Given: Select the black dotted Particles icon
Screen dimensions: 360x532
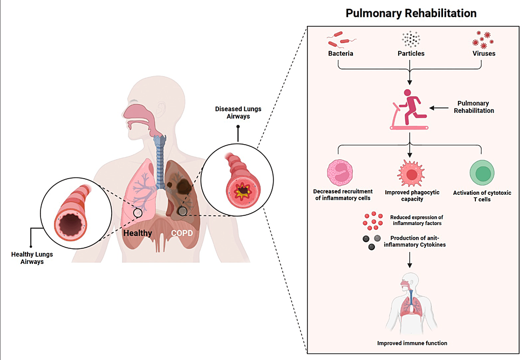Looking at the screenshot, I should pyautogui.click(x=411, y=39).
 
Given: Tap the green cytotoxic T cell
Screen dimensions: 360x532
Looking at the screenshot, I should pyautogui.click(x=482, y=173).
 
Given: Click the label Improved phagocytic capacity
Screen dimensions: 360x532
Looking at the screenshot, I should pyautogui.click(x=411, y=195).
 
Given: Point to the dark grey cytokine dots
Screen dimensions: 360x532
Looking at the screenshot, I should pyautogui.click(x=371, y=241).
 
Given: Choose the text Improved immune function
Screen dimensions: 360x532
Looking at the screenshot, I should pyautogui.click(x=412, y=343).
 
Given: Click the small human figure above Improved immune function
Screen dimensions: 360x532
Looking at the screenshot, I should pyautogui.click(x=412, y=305).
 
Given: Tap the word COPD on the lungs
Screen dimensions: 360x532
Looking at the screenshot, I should pyautogui.click(x=181, y=234).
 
